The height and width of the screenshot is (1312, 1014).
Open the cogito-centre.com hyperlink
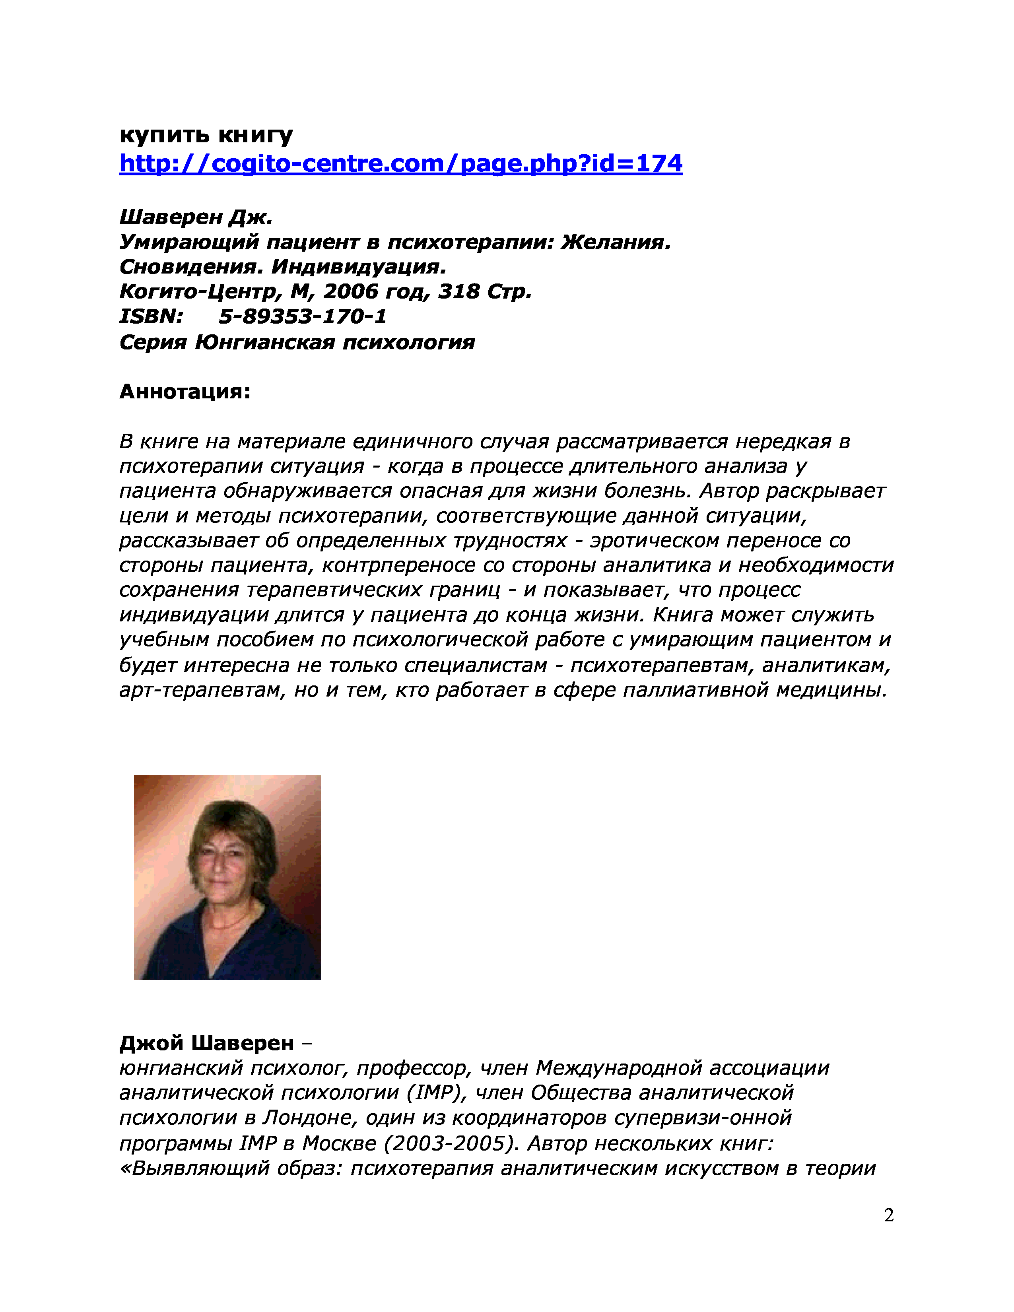point(401,163)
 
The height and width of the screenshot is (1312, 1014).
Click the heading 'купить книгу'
point(206,135)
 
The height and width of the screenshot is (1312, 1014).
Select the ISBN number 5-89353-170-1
point(303,316)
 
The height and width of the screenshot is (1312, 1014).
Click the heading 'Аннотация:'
point(185,392)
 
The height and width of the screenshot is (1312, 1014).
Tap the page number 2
point(888,1215)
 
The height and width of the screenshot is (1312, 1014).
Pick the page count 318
point(458,292)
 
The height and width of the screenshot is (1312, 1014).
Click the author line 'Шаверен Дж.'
point(196,217)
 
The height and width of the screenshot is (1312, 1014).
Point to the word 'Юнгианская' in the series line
point(265,342)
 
